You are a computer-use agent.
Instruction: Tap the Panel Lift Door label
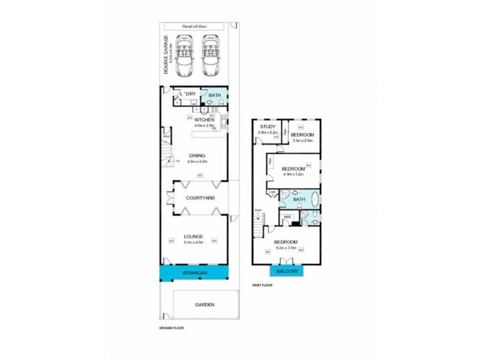[196, 27]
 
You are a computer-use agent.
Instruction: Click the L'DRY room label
[188, 94]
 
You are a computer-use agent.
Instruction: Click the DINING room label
[196, 155]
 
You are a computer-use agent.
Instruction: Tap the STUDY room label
[266, 127]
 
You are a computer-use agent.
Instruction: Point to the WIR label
[287, 217]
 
